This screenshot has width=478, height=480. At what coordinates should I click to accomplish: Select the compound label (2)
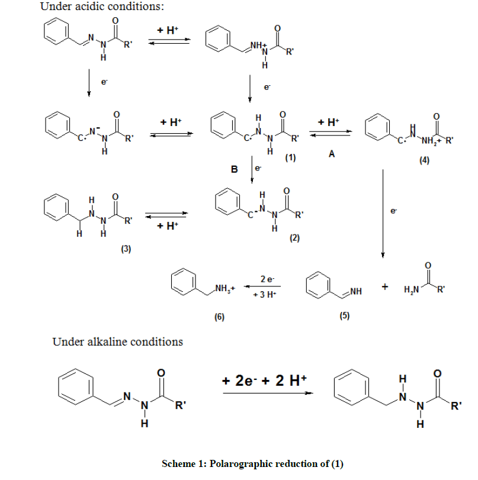click(295, 238)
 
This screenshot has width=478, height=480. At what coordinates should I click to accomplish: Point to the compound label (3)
click(126, 249)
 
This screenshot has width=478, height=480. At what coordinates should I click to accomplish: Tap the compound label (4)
click(424, 161)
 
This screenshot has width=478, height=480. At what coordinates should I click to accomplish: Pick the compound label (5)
click(345, 315)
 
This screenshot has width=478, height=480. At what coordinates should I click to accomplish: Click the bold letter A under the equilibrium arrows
click(332, 154)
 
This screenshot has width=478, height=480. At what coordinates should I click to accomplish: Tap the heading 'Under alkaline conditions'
click(118, 342)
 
